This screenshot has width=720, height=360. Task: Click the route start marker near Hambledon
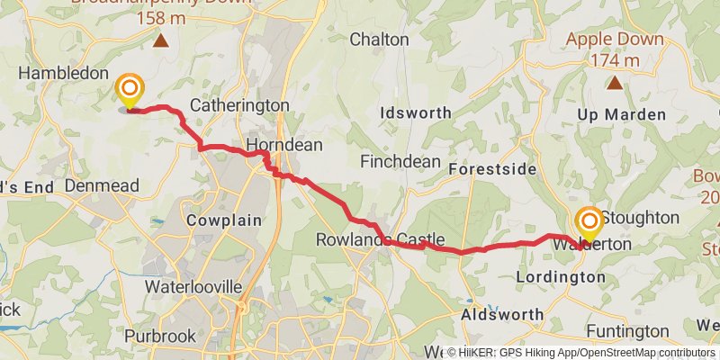pos(130,89)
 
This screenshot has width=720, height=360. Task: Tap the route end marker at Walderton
pos(589,221)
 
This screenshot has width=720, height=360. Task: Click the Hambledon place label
pos(63,74)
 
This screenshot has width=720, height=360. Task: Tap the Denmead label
pos(102,185)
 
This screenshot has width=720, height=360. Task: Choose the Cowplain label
pos(223,220)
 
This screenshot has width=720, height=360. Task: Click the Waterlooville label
pos(193,286)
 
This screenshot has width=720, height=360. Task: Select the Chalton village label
pos(379,40)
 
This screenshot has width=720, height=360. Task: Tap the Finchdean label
pos(400,162)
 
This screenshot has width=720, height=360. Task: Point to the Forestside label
pos(491,169)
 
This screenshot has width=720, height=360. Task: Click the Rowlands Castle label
pos(381,239)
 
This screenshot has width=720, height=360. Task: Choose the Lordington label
pos(561,277)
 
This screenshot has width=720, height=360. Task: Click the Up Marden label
pos(621,114)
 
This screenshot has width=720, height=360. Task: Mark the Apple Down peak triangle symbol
pos(615,84)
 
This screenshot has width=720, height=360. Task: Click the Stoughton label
pos(640,218)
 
